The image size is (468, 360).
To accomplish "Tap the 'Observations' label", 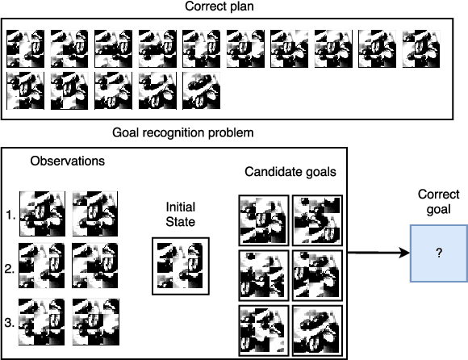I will point(67,161).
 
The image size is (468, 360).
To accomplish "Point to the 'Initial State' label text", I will point(180,212).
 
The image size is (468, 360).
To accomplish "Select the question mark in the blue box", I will point(438,253).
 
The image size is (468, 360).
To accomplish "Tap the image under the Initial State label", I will point(180,266).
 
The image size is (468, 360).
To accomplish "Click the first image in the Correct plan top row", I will point(25,49).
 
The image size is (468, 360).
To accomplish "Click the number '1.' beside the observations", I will point(10,216).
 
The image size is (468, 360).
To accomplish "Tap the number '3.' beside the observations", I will point(10,322).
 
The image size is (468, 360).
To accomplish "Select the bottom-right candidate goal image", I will point(316,329).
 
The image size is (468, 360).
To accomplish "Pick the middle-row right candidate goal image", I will point(316,275).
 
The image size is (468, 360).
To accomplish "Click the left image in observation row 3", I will point(41,322).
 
